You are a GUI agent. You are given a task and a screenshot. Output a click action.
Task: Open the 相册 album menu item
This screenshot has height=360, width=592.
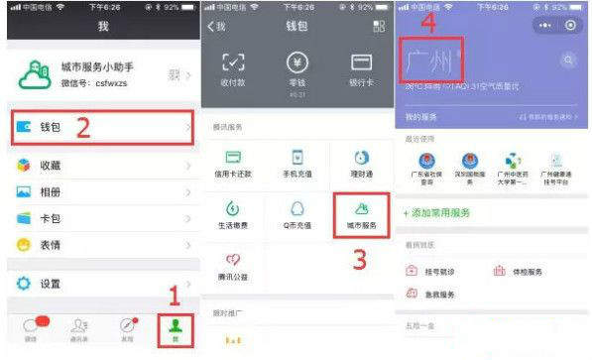click(x=50, y=192)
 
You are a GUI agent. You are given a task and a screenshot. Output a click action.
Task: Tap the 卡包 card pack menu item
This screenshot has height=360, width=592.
click(x=50, y=218)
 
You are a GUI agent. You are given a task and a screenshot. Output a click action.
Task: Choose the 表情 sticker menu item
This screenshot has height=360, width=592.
click(x=50, y=244)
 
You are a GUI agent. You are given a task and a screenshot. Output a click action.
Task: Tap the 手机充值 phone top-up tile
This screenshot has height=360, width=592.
click(x=296, y=164)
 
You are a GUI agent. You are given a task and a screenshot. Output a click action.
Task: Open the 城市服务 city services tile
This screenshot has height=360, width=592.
click(x=360, y=213)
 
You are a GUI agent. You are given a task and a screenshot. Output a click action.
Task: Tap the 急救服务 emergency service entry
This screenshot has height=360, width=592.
click(x=436, y=295)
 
